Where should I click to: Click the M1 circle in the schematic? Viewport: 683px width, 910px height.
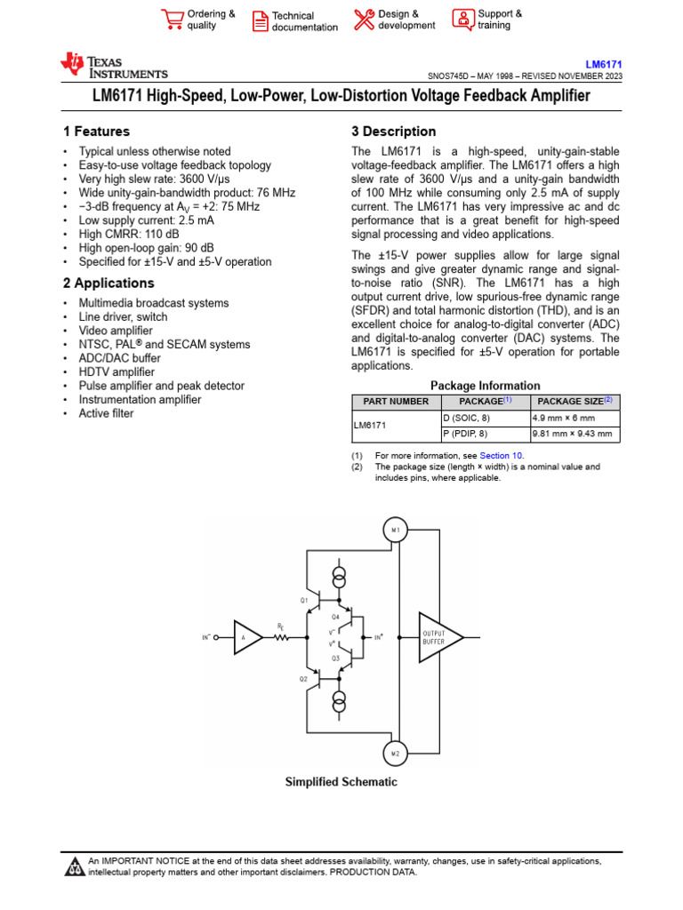(395, 530)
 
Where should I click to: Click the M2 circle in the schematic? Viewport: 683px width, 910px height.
(395, 753)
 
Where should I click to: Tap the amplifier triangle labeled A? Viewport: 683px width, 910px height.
(247, 637)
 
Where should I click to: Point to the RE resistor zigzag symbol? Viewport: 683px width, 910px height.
(283, 637)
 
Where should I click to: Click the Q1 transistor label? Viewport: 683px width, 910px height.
(303, 600)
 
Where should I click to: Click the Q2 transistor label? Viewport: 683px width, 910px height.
(303, 678)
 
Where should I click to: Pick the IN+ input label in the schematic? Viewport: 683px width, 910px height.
(378, 637)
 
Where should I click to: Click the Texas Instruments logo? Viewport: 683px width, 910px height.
(113, 66)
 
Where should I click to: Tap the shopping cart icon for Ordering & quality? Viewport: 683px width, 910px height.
(172, 20)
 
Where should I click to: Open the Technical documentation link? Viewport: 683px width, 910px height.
(304, 21)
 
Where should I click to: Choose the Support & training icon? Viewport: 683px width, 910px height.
(462, 20)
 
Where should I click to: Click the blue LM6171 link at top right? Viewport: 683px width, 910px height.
(603, 65)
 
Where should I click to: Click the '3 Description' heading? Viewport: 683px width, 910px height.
(394, 132)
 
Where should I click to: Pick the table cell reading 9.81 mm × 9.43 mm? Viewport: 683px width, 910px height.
(573, 435)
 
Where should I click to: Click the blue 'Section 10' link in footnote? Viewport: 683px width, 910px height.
(502, 456)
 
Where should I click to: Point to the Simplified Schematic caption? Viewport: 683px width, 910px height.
(341, 782)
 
